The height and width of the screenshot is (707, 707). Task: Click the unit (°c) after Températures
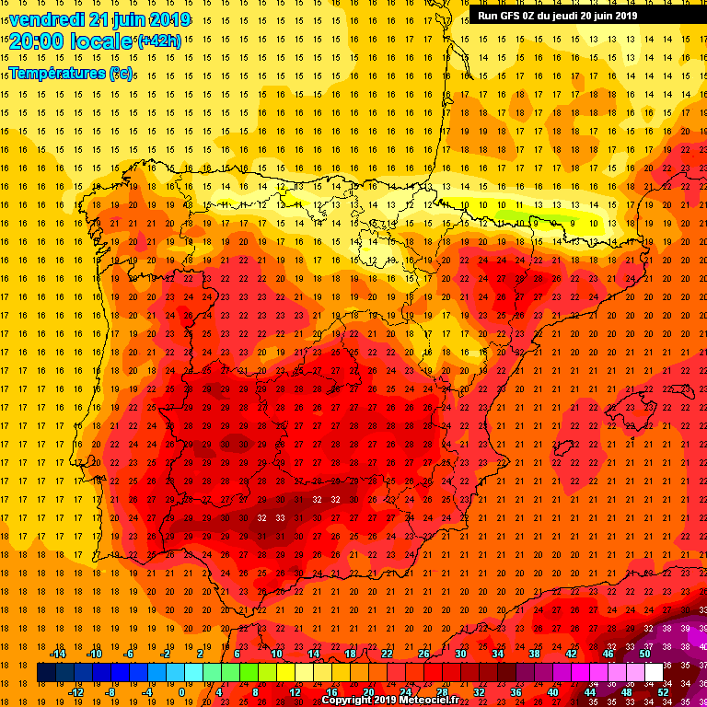pyautogui.click(x=121, y=73)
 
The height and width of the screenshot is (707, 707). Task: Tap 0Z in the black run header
pyautogui.click(x=531, y=15)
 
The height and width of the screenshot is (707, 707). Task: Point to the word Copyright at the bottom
pyautogui.click(x=347, y=700)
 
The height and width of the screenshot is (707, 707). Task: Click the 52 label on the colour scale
pyautogui.click(x=664, y=692)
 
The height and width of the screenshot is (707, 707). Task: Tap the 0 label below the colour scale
pyautogui.click(x=181, y=692)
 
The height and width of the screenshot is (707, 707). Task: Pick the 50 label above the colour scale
pyautogui.click(x=645, y=654)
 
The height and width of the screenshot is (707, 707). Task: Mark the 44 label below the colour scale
pyautogui.click(x=590, y=692)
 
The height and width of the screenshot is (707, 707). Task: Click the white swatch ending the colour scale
pyautogui.click(x=655, y=673)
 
